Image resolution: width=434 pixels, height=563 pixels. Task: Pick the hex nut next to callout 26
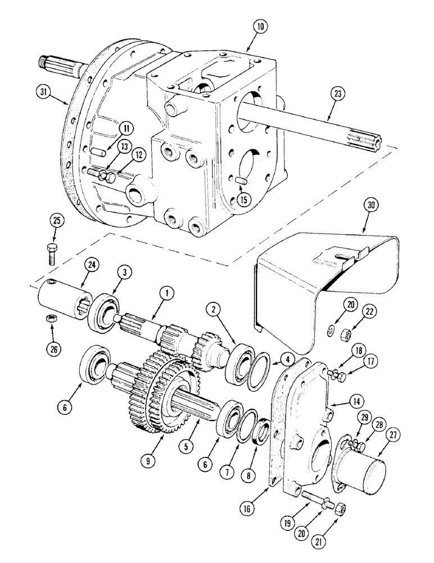click(48, 319)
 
